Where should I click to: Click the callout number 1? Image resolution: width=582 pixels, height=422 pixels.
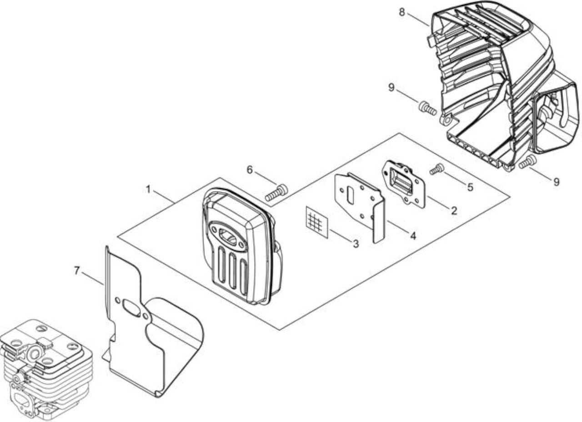point(148,189)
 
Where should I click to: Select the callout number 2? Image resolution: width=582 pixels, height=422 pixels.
point(454,211)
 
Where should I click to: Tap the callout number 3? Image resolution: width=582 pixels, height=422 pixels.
point(356,243)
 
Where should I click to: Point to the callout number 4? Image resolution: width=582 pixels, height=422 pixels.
point(413,236)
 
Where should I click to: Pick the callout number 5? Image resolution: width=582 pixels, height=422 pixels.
point(470,187)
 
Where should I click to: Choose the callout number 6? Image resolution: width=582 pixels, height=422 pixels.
point(250,170)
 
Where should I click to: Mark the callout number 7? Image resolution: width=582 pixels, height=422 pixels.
point(76,271)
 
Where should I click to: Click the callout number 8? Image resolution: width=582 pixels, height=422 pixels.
point(401,12)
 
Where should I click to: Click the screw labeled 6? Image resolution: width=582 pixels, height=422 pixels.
point(276,192)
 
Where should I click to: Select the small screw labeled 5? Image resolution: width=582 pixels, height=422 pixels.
point(437,169)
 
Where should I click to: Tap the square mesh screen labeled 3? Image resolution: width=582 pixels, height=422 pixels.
point(317,222)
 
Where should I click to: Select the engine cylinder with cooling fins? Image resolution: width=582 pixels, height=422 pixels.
point(46,369)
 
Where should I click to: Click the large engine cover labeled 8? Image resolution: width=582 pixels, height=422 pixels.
point(504,86)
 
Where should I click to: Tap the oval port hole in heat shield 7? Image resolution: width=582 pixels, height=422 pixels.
point(132,308)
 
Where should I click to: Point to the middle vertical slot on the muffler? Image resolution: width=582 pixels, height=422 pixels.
point(232,271)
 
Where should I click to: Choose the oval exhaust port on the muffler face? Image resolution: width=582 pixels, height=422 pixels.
point(228,236)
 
